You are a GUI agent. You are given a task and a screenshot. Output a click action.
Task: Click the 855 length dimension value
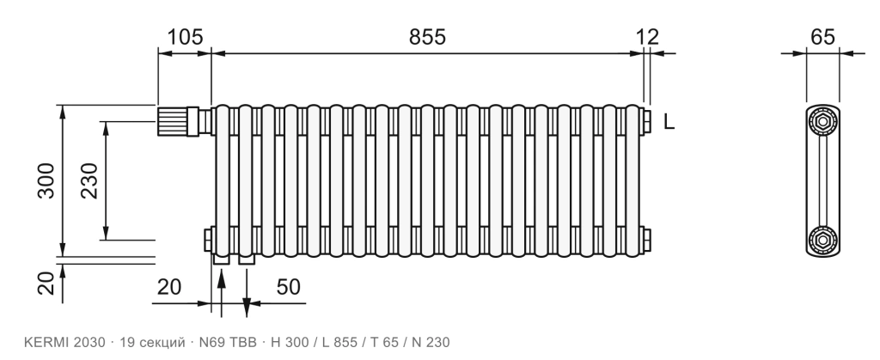[427, 37]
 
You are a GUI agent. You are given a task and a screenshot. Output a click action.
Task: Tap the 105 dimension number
[186, 37]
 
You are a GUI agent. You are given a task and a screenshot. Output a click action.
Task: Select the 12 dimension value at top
[647, 37]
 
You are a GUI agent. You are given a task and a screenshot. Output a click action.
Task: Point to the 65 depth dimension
[822, 37]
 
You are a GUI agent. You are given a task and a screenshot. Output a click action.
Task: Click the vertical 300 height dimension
[46, 180]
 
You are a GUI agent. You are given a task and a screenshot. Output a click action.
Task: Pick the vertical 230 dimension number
[89, 180]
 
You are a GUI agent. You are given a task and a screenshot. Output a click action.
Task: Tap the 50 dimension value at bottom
[289, 287]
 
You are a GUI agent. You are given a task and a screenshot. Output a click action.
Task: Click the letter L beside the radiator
[669, 122]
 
